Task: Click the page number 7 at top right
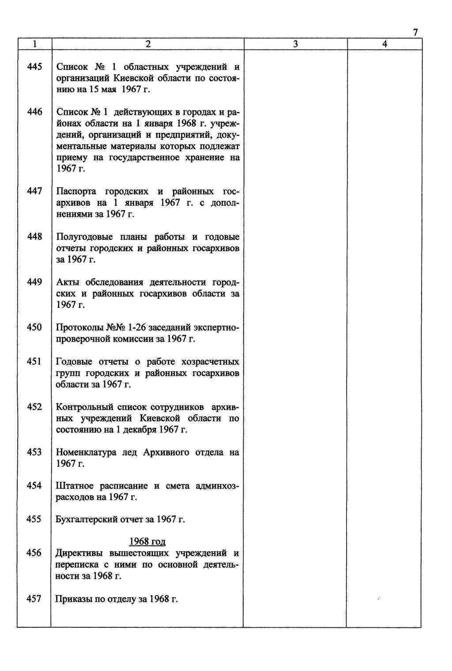coord(415,33)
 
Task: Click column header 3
coord(295,44)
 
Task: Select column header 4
coord(385,44)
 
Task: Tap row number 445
coord(34,67)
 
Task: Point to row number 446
coord(34,112)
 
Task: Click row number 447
coord(34,191)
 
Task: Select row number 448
coord(34,237)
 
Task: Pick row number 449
coord(34,282)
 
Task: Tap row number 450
coord(34,327)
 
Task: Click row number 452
coord(34,407)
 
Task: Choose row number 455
coord(34,519)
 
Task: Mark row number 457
coord(34,599)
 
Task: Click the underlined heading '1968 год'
coord(147,542)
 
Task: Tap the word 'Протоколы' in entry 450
coord(79,328)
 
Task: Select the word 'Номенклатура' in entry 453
coord(86,452)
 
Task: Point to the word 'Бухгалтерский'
coord(87,520)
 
